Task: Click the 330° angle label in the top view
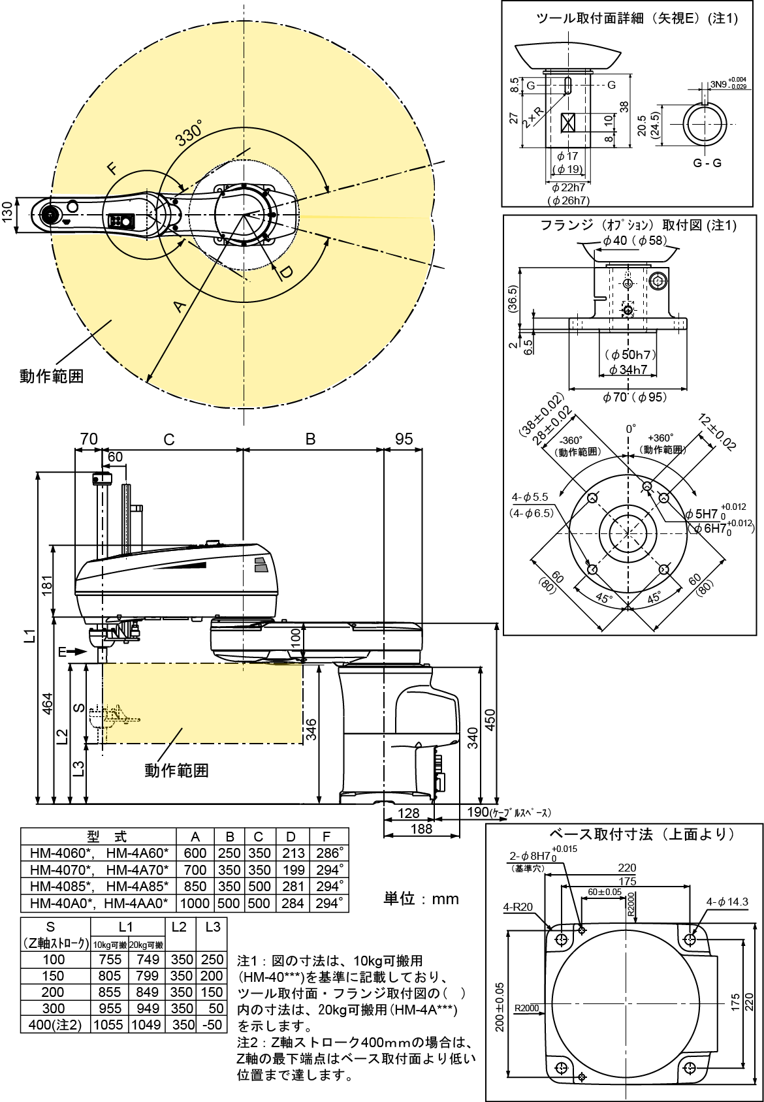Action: pos(190,133)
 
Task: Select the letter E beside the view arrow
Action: pos(61,652)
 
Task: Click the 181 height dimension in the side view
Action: pos(46,585)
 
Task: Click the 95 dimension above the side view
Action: pos(404,439)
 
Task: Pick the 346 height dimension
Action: pos(311,729)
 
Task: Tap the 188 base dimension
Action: pos(421,829)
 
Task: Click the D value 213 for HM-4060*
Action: pos(293,853)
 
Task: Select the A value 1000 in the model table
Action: pos(195,904)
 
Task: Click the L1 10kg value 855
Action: pos(110,992)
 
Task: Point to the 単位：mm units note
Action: pos(421,899)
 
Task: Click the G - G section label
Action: pos(707,163)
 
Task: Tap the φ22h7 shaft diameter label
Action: pos(568,187)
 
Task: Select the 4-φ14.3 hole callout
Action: pos(727,902)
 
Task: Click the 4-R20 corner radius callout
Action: pos(518,907)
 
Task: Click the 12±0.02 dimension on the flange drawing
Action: pos(717,432)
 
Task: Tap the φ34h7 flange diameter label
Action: pos(628,370)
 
